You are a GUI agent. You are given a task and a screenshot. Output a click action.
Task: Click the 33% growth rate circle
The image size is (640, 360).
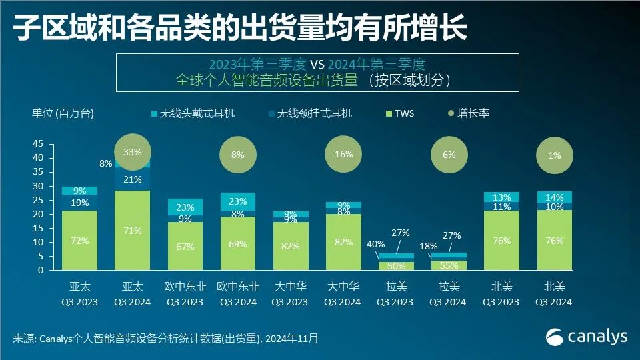pos(132,152)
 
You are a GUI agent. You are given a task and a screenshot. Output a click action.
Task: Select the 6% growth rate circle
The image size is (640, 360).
pos(449,154)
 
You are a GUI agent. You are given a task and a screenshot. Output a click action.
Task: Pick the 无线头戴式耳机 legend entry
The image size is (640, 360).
pos(193,113)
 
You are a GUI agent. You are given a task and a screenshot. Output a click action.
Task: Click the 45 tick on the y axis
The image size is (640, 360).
pos(38,144)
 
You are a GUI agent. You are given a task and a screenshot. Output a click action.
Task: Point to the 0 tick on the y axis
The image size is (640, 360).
pos(41,271)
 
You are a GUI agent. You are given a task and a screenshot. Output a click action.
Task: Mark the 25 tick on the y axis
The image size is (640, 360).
pos(38,200)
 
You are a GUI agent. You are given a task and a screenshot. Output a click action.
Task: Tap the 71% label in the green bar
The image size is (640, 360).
pos(132,231)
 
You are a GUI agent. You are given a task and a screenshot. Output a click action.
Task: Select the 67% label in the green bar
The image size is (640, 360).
pos(185,247)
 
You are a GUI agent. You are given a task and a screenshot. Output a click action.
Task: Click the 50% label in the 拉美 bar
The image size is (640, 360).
pos(396,267)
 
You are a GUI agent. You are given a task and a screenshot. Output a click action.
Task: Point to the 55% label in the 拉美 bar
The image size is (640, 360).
pos(448,265)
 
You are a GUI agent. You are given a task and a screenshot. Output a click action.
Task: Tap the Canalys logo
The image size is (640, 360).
pos(587,337)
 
